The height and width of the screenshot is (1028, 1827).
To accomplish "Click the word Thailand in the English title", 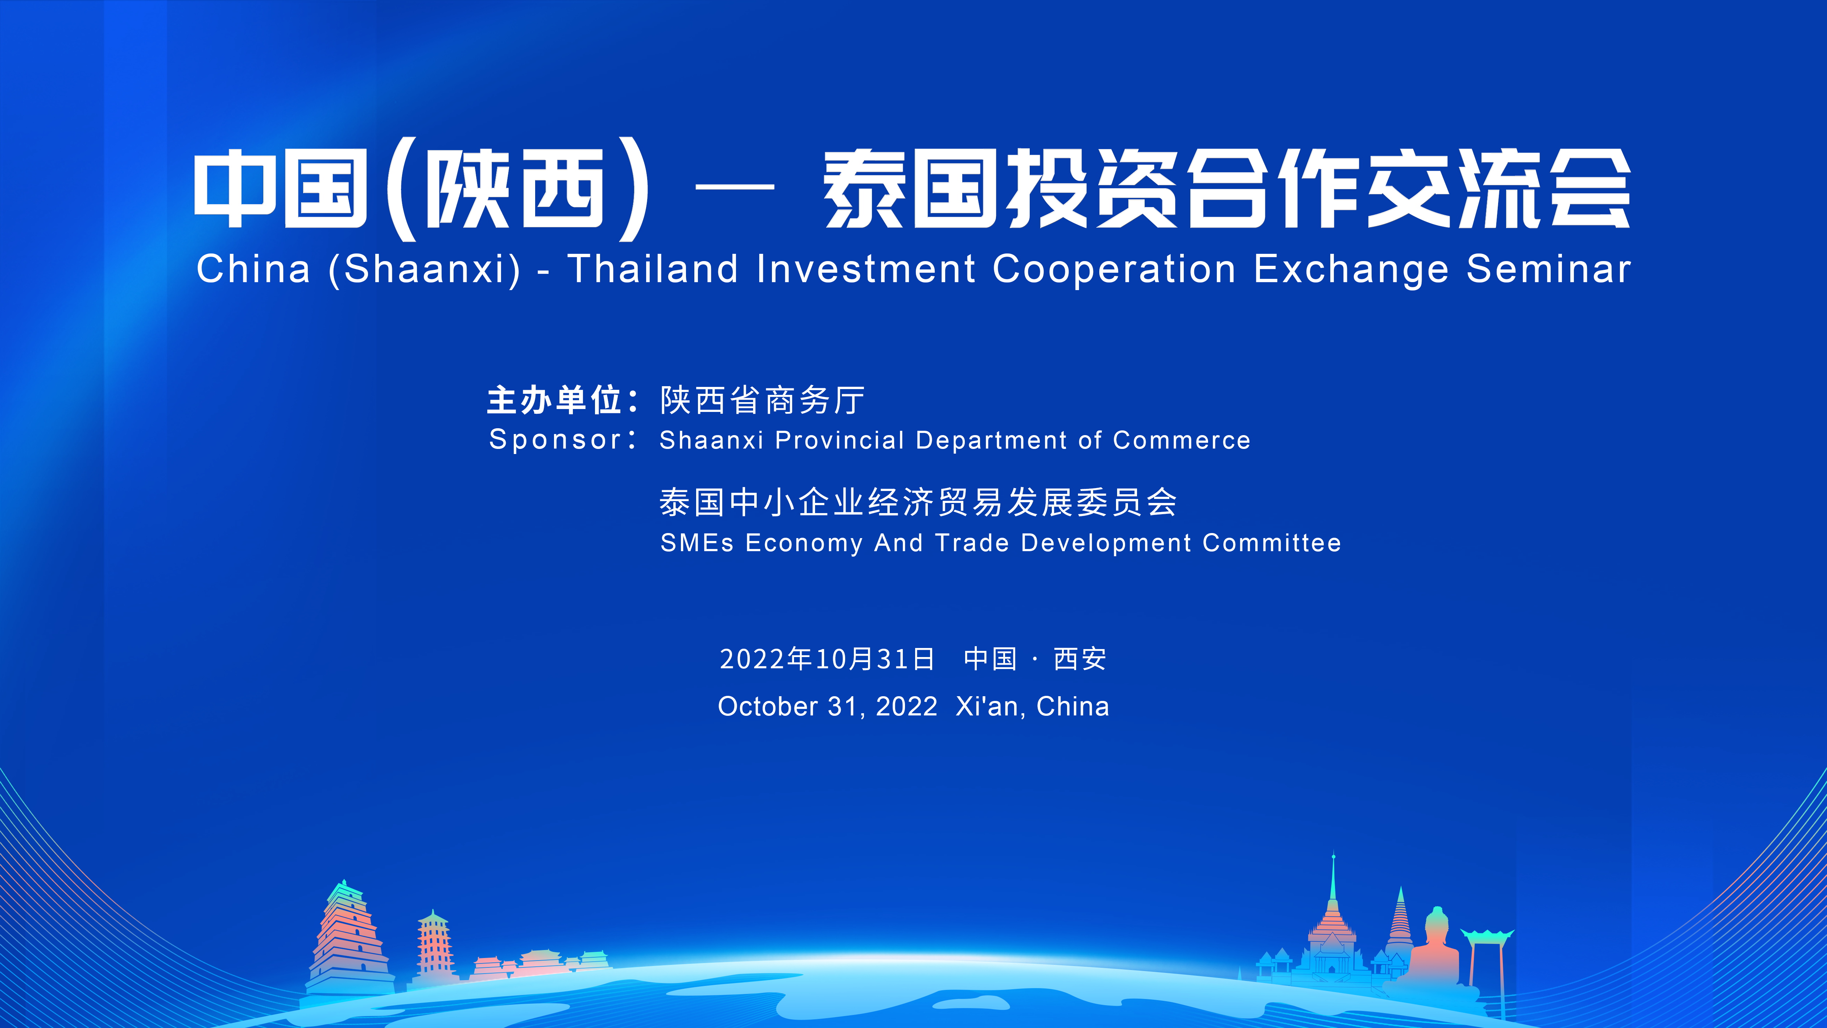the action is click(653, 269).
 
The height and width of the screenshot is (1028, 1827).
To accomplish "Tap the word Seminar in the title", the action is click(1549, 269).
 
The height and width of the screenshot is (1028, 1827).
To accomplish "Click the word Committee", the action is click(1272, 543).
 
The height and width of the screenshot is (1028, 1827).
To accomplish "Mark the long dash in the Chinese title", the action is click(735, 187).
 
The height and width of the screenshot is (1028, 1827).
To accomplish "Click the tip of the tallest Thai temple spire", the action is click(1334, 852).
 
